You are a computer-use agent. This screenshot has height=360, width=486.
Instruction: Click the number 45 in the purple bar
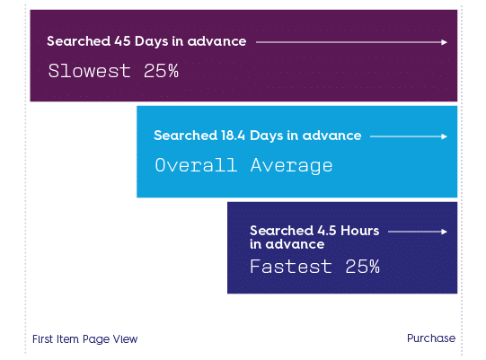tap(122, 41)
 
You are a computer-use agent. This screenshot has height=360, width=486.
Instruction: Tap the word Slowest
tap(89, 71)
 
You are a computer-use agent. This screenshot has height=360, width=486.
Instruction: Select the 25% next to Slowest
tap(161, 71)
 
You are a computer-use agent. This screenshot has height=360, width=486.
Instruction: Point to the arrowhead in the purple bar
tap(445, 42)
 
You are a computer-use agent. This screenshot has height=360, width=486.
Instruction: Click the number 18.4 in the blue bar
tap(233, 136)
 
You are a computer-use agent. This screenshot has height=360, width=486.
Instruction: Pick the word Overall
tap(196, 165)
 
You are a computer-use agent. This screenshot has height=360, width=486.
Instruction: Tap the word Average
tap(292, 165)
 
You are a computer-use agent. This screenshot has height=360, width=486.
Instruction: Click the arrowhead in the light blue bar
tap(445, 136)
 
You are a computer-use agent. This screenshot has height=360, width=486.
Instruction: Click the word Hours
tap(360, 231)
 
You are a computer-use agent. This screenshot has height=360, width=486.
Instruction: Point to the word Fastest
tap(291, 267)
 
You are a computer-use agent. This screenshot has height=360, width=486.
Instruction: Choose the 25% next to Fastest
tap(363, 267)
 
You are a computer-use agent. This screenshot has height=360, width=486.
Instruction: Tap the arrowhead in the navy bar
tap(445, 232)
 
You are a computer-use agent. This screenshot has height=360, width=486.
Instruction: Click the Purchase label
tap(431, 338)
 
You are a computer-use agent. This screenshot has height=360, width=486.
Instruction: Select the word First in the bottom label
tap(43, 339)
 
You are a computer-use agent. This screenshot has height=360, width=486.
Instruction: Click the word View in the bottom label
tap(125, 339)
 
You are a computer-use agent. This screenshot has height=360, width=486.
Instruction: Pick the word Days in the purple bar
tap(151, 42)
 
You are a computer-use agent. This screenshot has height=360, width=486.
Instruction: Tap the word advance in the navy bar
tap(295, 244)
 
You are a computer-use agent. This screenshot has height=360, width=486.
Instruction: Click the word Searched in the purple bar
tap(79, 41)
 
